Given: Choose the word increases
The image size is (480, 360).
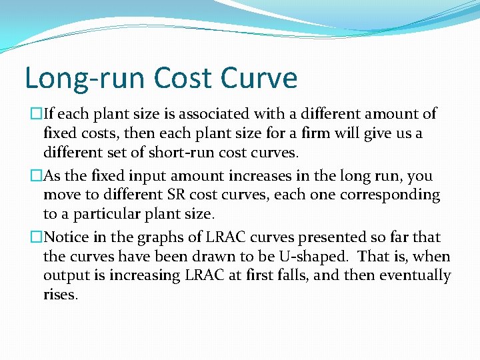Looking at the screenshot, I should click(x=221, y=176).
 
